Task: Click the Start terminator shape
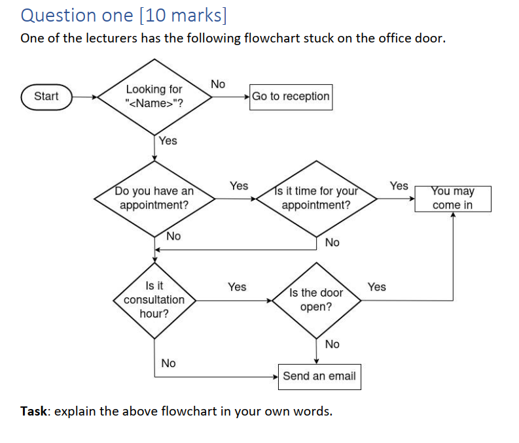46,97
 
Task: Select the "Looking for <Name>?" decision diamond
154,97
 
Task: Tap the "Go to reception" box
291,97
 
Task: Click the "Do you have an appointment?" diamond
154,198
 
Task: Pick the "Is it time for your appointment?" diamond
316,198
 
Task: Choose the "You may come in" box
453,198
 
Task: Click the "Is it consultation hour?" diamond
154,300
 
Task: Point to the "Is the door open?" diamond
316,300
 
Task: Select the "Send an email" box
319,376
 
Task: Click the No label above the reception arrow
218,84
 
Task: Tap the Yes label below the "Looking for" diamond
168,140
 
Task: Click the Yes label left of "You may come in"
399,186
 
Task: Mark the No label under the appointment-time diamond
332,242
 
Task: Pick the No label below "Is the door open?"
332,344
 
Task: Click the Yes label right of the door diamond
377,287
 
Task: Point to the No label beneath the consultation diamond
168,363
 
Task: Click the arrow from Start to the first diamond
85,97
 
